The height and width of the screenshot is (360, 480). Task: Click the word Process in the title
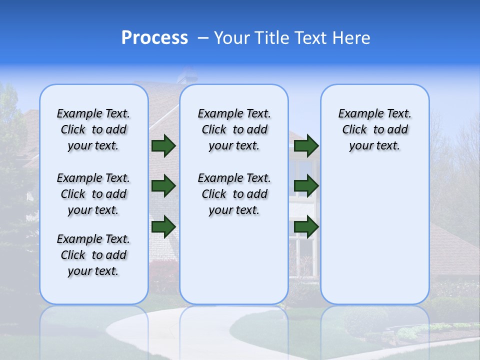tap(154, 37)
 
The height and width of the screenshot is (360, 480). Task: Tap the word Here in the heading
tap(352, 38)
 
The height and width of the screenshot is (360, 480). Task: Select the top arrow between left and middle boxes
tap(163, 145)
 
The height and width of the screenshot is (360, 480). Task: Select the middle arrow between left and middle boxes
tap(163, 186)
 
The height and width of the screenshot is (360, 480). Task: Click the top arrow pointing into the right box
tap(306, 145)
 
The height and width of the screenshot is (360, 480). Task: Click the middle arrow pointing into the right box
tap(306, 186)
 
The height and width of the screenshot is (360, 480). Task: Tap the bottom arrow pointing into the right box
tap(306, 226)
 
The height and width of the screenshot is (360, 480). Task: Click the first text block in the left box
tap(93, 129)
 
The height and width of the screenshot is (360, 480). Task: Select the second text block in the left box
tap(93, 194)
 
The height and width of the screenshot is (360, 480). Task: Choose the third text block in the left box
tap(93, 255)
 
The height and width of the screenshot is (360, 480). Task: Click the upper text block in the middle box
tap(234, 129)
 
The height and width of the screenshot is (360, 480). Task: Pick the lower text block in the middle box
tap(234, 194)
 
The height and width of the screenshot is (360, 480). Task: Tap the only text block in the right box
tap(374, 129)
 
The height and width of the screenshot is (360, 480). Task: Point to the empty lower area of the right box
tap(374, 235)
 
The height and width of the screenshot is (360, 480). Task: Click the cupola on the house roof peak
tap(186, 74)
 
